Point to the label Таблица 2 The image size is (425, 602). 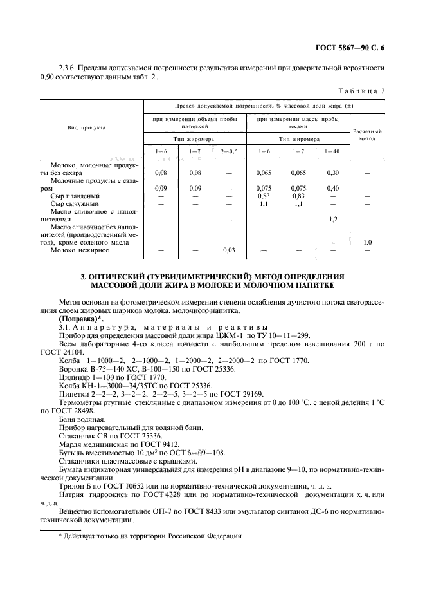(x=361, y=91)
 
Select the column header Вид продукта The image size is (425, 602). (x=86, y=127)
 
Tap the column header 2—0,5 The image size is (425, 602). (x=228, y=151)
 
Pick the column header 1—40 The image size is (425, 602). (x=332, y=151)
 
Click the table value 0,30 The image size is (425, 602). (x=332, y=173)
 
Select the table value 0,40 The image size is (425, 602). (x=332, y=188)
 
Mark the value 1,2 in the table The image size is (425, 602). (x=332, y=219)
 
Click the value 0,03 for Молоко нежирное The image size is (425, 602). (x=228, y=250)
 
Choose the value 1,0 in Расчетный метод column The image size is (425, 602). (x=367, y=242)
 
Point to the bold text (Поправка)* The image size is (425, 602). (x=80, y=319)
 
